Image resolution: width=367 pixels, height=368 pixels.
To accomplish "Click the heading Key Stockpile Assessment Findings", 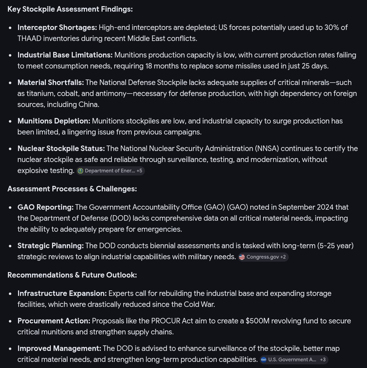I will click(x=70, y=9).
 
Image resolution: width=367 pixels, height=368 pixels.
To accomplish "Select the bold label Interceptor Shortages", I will click(x=57, y=28).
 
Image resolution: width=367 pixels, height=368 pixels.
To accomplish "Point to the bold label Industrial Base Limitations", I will click(x=65, y=55).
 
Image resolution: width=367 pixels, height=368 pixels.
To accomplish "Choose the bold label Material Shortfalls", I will click(x=50, y=83).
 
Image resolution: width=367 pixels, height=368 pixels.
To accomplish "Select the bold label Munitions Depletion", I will click(x=54, y=121).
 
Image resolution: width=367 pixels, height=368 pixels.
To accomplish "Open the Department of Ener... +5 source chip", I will click(x=110, y=171).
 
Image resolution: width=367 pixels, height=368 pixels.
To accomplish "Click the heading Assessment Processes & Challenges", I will click(x=72, y=189).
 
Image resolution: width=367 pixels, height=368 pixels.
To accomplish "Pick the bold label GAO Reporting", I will click(x=46, y=207).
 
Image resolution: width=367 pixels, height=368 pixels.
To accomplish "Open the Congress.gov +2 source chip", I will click(x=263, y=257).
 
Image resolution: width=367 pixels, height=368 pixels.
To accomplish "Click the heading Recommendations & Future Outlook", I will click(x=72, y=275).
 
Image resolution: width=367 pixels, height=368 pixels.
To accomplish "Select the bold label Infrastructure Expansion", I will click(x=62, y=293).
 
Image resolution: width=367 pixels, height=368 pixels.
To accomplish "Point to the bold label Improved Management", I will click(x=59, y=348).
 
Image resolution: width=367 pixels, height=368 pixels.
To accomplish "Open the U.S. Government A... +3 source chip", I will click(x=294, y=360).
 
